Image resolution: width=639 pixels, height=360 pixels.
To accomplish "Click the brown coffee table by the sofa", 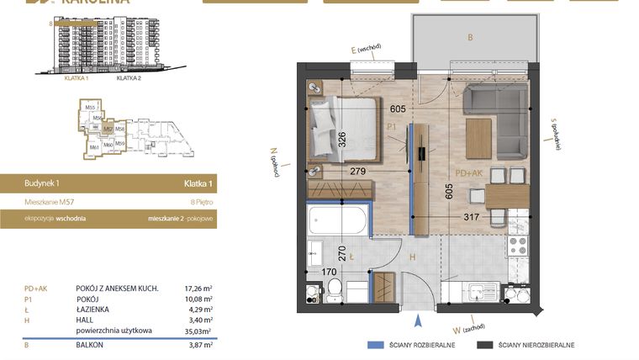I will (x=478, y=137).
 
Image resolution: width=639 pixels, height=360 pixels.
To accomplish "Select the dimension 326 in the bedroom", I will (x=342, y=138).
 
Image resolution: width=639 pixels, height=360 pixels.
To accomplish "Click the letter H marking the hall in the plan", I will (x=412, y=257).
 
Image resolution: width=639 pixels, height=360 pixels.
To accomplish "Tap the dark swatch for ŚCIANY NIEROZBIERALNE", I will (x=484, y=345).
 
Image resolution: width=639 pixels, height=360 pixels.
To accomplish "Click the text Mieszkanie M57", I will (x=48, y=202).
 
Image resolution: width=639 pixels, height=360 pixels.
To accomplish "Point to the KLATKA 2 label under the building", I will (x=128, y=77).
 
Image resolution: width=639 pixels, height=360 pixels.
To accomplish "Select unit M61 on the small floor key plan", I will (x=94, y=147).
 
